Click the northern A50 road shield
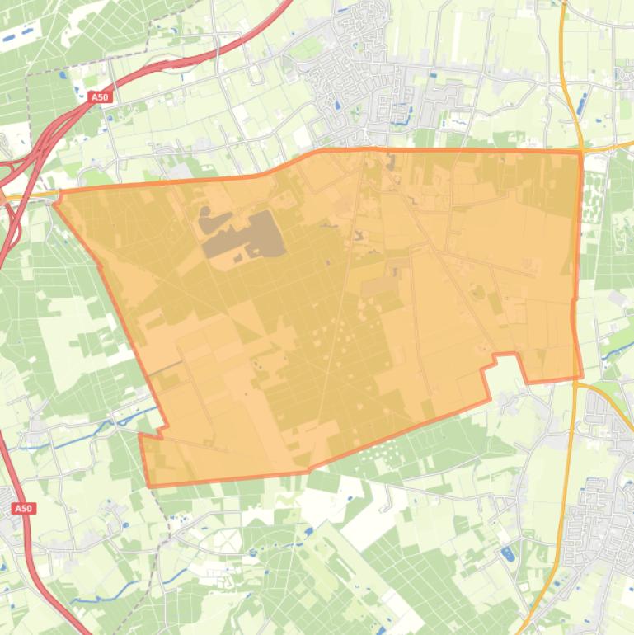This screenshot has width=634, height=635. tap(99, 97)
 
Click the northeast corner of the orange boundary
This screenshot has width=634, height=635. tap(580, 153)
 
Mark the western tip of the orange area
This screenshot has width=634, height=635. tap(56, 197)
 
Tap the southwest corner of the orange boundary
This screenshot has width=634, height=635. tap(149, 485)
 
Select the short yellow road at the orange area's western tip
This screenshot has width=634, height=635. tap(25, 198)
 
